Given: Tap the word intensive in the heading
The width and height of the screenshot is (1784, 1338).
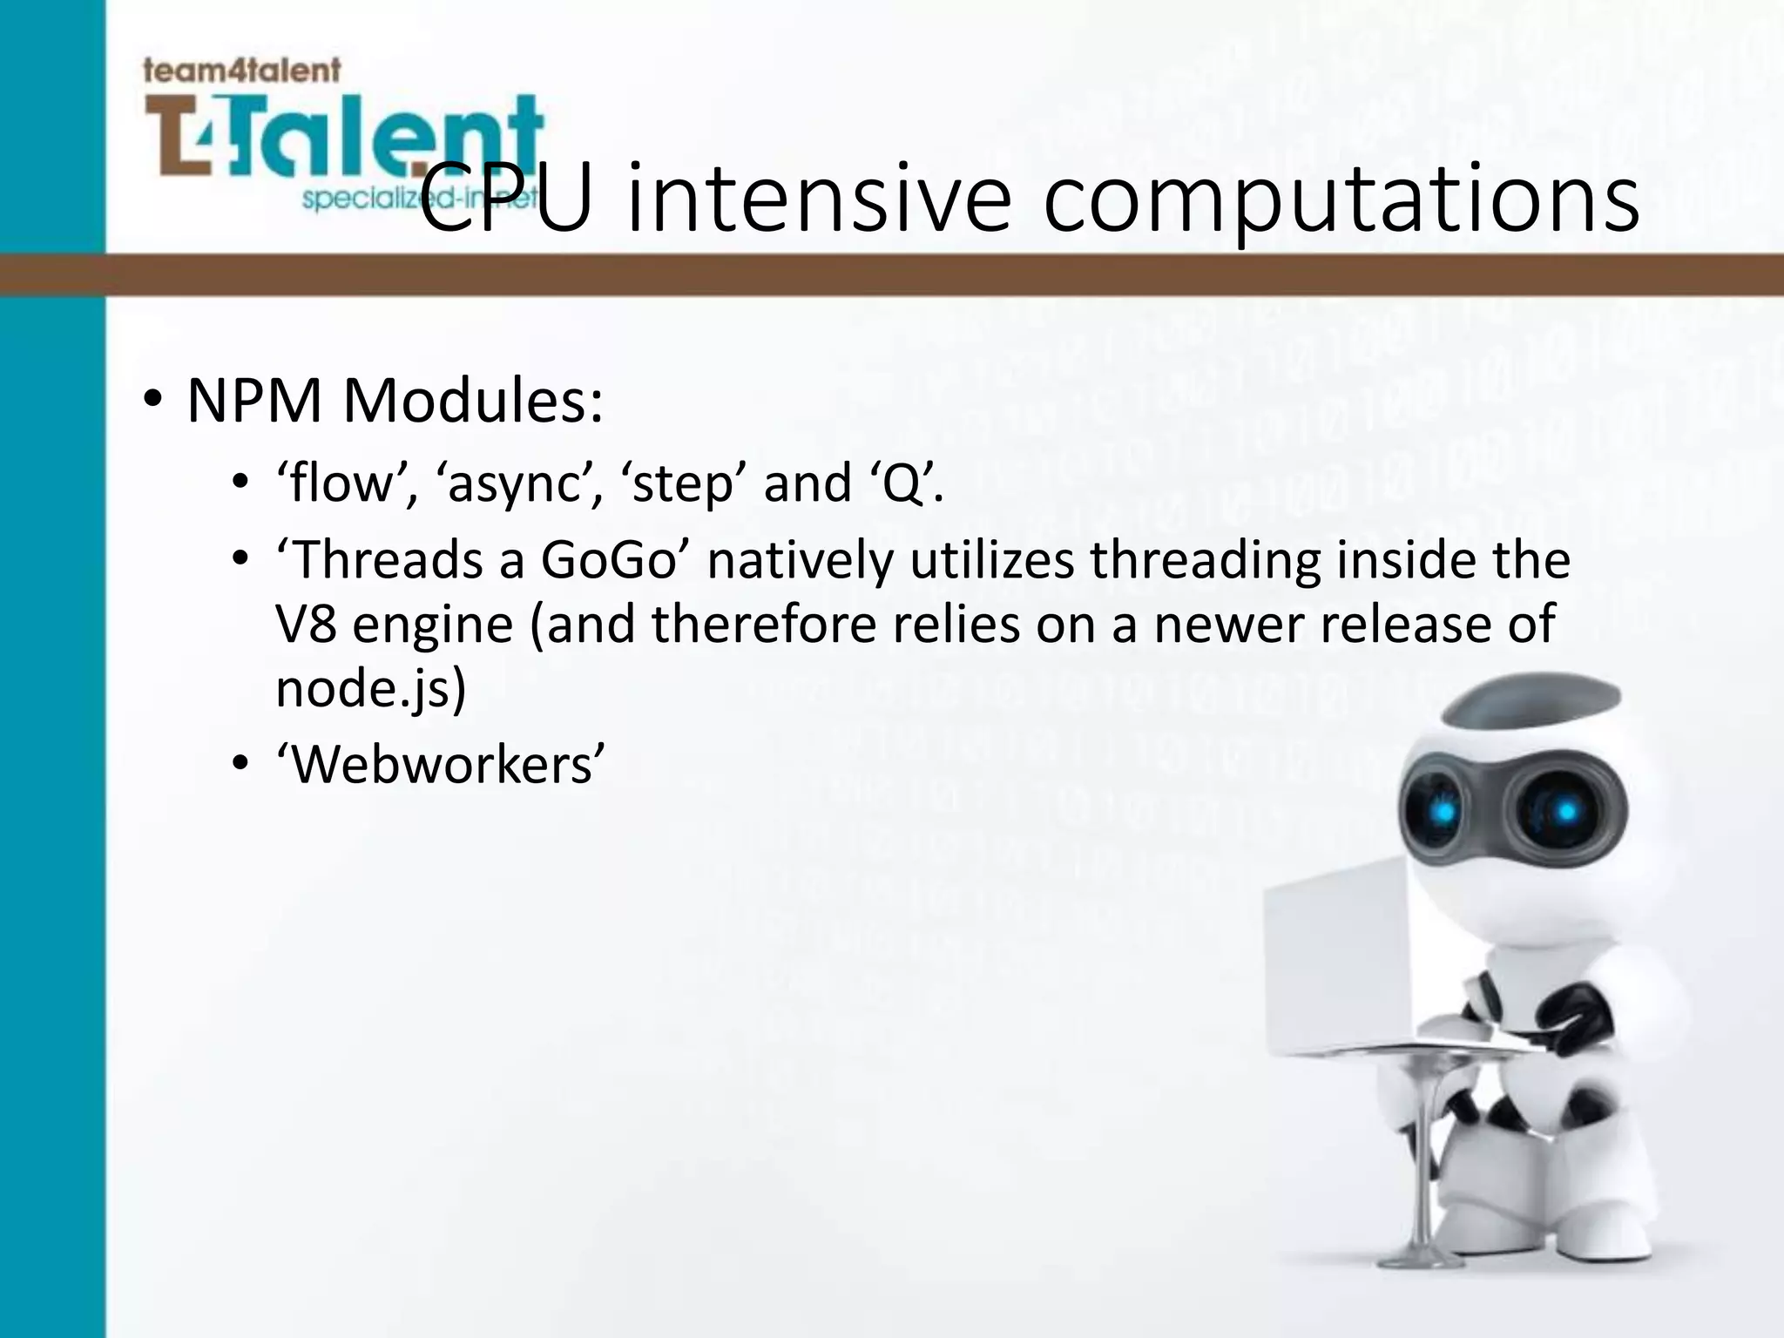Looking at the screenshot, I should point(819,199).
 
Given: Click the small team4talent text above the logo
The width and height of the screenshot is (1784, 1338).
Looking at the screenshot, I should point(241,70).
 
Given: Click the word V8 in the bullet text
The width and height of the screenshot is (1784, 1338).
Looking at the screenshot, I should point(306,625).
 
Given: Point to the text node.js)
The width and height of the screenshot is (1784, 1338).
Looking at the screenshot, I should point(371,689).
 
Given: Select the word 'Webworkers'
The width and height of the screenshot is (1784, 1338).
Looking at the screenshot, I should point(440,765).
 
